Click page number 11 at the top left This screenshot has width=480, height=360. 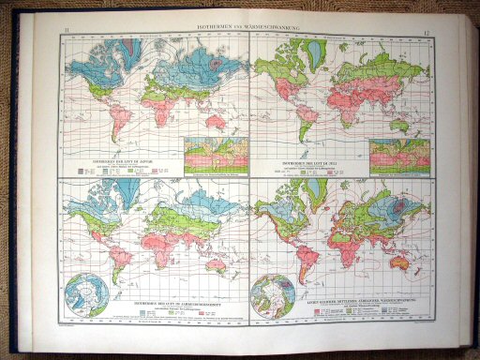(x=67, y=34)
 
